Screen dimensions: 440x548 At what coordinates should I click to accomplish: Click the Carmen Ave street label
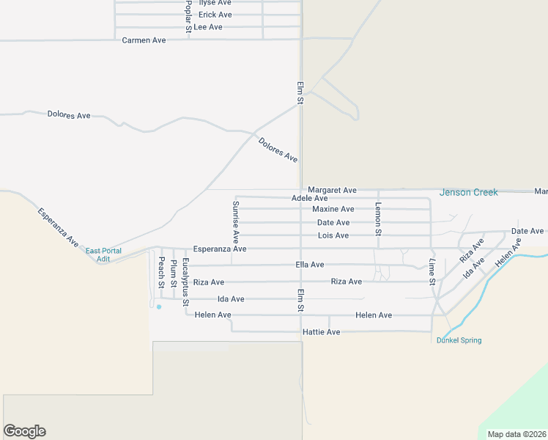144,40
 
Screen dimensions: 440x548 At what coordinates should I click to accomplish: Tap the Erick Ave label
215,15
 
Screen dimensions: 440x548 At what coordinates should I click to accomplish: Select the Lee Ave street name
207,27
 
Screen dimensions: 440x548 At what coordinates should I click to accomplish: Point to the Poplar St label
188,15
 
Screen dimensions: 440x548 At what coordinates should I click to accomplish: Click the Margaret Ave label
332,190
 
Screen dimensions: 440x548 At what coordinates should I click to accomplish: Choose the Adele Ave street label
309,198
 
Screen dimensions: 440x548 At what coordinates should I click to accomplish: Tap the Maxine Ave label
333,209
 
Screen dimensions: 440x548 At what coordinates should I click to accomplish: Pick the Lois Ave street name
333,235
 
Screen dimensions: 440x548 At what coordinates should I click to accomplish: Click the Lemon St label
378,219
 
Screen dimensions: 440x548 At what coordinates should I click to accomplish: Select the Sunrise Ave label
236,221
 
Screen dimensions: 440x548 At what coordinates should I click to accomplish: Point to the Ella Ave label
309,265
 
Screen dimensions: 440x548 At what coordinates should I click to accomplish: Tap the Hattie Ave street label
321,332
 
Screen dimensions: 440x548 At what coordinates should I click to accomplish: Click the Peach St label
161,271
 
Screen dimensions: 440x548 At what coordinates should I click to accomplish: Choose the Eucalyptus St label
185,282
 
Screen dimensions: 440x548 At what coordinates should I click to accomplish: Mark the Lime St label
432,271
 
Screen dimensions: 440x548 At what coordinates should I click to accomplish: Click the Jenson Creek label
468,192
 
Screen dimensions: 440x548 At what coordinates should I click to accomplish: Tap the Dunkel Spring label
459,340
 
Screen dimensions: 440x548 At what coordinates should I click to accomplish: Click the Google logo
24,431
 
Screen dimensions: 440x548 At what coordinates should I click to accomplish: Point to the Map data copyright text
516,434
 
